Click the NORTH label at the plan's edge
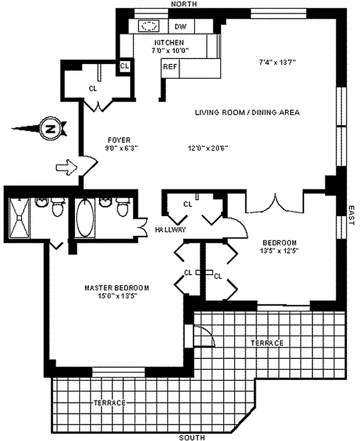point(184,4)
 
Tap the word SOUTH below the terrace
point(192,437)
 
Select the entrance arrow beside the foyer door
point(66,168)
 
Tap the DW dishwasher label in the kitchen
point(180,26)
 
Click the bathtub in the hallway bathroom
point(85,217)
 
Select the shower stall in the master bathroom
point(19,217)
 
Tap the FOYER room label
point(119,140)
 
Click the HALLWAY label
point(170,229)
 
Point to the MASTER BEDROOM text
point(116,288)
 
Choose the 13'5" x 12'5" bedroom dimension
point(279,251)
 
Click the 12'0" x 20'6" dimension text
point(208,148)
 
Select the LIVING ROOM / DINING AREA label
point(247,112)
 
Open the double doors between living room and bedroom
point(275,203)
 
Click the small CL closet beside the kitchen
point(125,66)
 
